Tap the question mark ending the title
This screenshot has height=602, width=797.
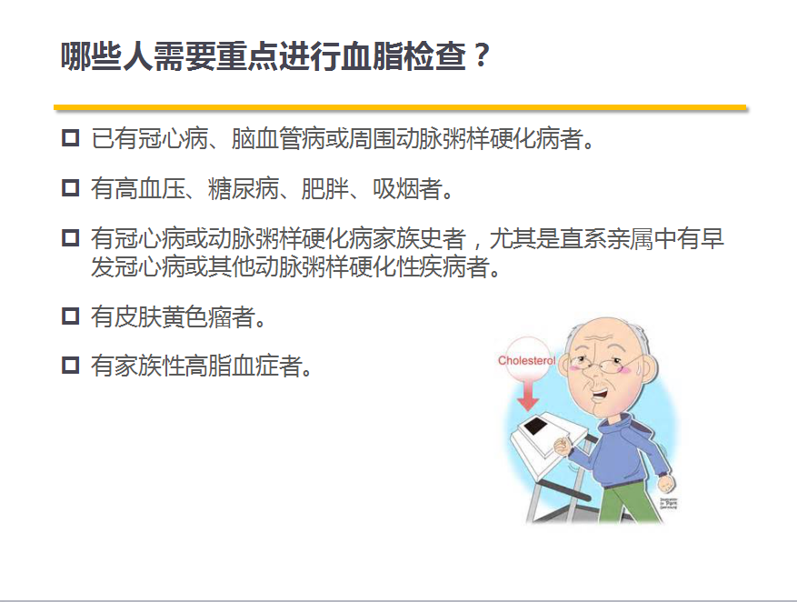tap(479, 55)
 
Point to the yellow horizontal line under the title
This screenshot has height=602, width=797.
tap(400, 107)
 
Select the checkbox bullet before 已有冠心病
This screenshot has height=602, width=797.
tap(70, 138)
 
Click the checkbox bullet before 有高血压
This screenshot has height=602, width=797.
tap(70, 188)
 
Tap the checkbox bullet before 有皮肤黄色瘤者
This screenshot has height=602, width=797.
tap(70, 316)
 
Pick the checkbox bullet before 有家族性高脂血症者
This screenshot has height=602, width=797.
tap(70, 365)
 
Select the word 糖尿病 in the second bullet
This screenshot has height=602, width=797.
tap(244, 188)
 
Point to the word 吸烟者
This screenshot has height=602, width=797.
tap(406, 188)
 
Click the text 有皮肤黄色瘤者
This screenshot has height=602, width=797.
tap(173, 316)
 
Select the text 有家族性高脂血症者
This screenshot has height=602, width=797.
tap(196, 366)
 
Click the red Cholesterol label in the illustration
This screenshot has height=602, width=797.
tap(526, 360)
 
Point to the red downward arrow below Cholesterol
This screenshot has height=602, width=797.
tap(528, 396)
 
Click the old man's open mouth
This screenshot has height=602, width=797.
tap(603, 394)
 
